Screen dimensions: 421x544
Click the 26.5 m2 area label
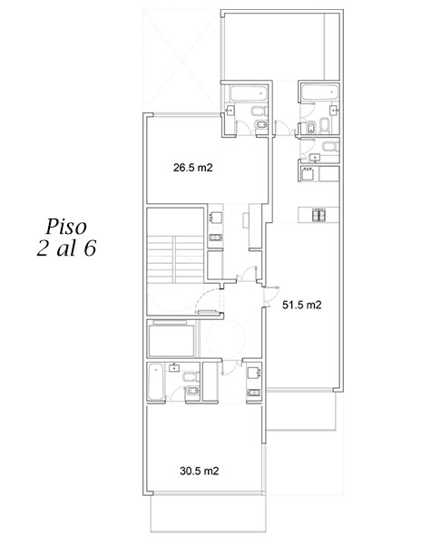click(192, 168)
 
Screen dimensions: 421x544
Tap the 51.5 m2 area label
click(302, 305)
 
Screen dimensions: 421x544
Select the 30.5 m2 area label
click(200, 471)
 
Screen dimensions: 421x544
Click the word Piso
click(66, 228)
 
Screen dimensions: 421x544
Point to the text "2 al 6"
click(66, 248)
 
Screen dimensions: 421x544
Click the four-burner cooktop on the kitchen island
click(318, 215)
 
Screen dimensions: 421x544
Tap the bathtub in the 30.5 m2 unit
click(155, 382)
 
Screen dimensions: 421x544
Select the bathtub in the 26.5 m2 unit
click(249, 93)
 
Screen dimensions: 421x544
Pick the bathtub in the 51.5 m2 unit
click(319, 92)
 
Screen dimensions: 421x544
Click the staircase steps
click(175, 258)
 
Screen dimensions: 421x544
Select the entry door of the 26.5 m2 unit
click(247, 273)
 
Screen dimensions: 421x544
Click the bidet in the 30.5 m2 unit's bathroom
click(192, 391)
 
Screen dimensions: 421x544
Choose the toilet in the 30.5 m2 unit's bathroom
click(191, 376)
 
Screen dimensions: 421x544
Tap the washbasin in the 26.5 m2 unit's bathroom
click(230, 111)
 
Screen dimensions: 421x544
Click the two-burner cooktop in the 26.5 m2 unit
click(216, 238)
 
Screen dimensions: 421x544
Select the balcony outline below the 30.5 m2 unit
click(209, 513)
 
